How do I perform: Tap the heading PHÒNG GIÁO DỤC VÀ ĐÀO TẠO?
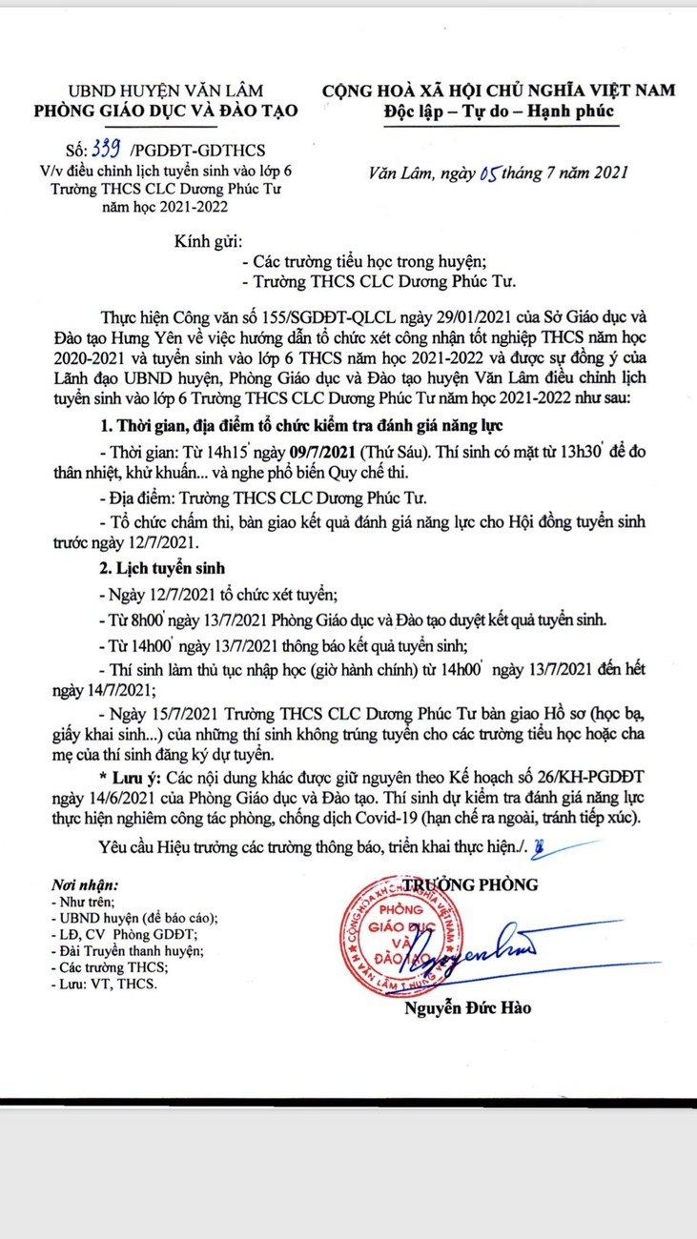pos(166,111)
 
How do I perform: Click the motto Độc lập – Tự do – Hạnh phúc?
pos(499,111)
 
